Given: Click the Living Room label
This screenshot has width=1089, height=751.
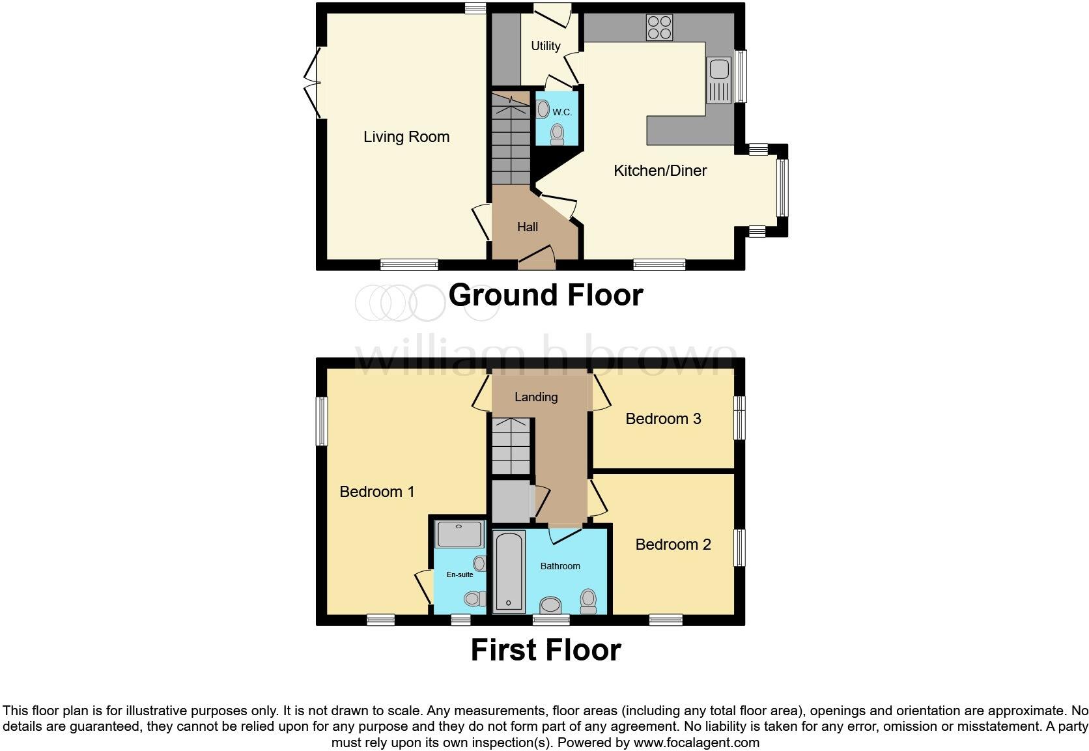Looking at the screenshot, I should (x=406, y=137).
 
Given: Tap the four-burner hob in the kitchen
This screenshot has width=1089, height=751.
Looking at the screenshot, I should (x=659, y=28).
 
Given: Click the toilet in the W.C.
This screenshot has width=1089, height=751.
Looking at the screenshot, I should (x=557, y=134).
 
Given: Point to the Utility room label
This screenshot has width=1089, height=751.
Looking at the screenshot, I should (x=545, y=46).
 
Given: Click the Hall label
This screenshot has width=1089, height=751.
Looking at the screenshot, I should (x=527, y=227).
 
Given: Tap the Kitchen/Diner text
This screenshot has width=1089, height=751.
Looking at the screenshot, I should (x=660, y=171).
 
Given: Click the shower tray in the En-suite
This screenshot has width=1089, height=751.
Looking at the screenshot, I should (x=459, y=534).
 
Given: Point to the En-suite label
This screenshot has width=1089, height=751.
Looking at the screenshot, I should (x=459, y=574).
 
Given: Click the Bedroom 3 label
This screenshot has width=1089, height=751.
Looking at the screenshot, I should (x=663, y=419).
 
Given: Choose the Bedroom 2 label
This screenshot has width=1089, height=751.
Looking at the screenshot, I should (x=673, y=545).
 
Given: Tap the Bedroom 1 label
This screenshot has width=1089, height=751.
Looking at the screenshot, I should (x=376, y=492).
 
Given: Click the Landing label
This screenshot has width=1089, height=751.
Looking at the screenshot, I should (x=536, y=397).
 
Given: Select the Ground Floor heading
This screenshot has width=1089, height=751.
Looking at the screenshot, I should (x=545, y=295).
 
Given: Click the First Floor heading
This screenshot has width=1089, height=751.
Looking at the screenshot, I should (x=545, y=650).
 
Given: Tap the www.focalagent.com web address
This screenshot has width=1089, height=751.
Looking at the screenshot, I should (x=696, y=742).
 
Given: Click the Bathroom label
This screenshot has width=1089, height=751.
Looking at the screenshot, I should (x=560, y=566).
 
